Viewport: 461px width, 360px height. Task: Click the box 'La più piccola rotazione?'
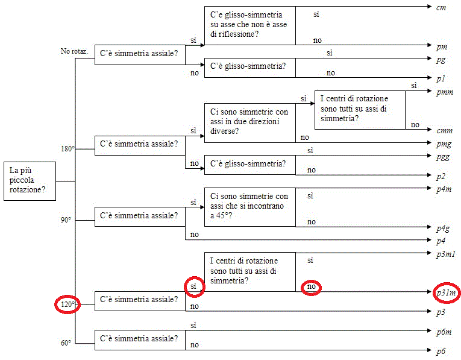[30, 181]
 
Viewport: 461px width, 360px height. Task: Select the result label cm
[441, 8]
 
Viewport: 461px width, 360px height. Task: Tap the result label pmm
[445, 92]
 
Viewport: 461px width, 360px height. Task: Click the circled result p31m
[447, 292]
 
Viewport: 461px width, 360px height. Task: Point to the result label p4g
[443, 229]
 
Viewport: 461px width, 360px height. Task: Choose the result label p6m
[444, 332]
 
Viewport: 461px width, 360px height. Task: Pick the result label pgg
[443, 157]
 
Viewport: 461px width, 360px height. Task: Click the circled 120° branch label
[67, 304]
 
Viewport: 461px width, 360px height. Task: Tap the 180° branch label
[67, 149]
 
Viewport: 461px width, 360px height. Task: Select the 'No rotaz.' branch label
[74, 51]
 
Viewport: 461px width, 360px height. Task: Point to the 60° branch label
[66, 343]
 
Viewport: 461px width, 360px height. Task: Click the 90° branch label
[66, 220]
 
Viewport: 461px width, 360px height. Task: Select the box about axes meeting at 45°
[250, 207]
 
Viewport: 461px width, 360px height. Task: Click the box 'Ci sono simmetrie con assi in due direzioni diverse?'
[250, 123]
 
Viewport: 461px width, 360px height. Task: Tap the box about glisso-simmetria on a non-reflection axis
[250, 25]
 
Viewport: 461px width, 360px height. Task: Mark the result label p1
[441, 79]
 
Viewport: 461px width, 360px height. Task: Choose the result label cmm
[445, 131]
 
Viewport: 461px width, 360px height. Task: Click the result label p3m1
[446, 254]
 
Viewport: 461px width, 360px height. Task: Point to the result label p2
[441, 177]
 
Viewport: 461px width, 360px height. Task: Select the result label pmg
[444, 144]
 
